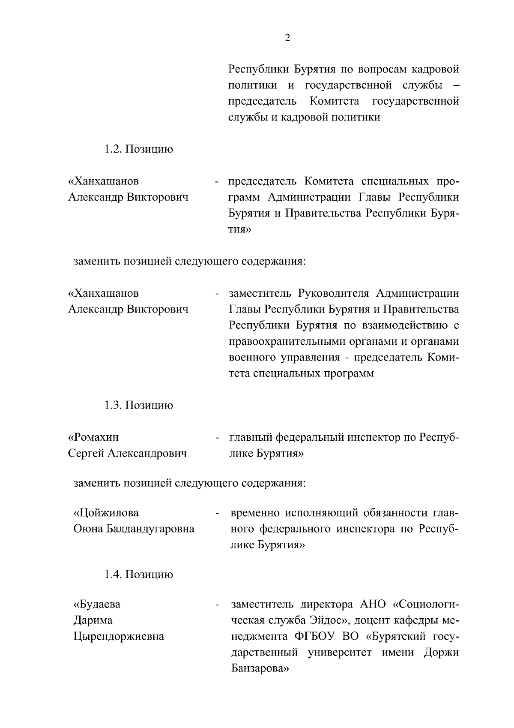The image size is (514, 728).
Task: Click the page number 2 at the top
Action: [x=287, y=38]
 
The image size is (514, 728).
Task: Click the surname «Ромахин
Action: [x=93, y=437]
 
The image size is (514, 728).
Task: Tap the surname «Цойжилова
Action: [x=106, y=513]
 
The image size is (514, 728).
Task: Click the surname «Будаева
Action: [x=97, y=605]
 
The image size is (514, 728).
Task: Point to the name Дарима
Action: [x=93, y=620]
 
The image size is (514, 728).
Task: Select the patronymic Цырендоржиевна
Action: [x=119, y=636]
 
